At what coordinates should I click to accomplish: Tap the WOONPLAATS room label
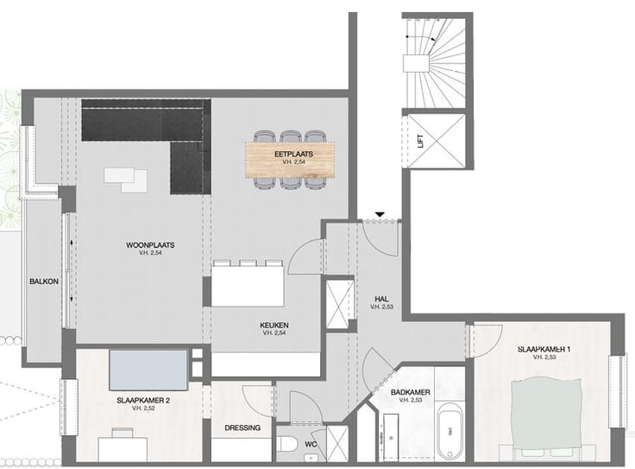click(x=150, y=245)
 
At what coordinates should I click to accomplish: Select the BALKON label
click(x=44, y=282)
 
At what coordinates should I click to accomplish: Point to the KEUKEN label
click(x=274, y=325)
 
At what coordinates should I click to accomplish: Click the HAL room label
click(x=381, y=299)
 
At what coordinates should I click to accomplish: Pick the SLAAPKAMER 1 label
click(x=544, y=350)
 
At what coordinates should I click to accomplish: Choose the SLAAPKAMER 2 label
click(x=143, y=401)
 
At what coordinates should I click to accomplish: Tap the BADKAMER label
click(x=410, y=392)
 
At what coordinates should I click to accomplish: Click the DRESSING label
click(x=242, y=428)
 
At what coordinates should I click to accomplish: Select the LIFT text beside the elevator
click(x=421, y=141)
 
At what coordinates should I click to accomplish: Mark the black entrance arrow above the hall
click(x=380, y=214)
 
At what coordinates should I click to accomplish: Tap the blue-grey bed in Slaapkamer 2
click(x=148, y=370)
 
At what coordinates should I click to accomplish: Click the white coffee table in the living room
click(x=126, y=180)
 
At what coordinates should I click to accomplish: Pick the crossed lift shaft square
click(x=437, y=141)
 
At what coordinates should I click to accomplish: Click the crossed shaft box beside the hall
click(x=340, y=304)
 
